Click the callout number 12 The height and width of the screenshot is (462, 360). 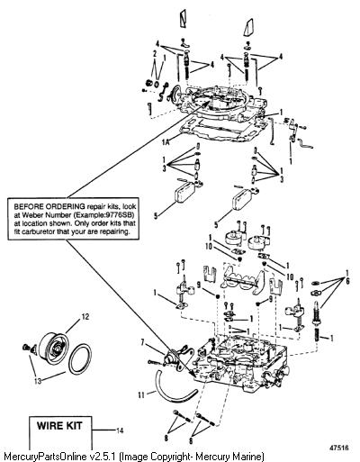[x=85, y=317]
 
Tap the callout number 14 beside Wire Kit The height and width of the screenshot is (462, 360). [x=120, y=430]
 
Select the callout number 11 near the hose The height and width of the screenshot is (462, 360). [x=141, y=394]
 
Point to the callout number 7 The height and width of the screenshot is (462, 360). [x=143, y=341]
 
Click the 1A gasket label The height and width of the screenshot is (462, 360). [x=166, y=142]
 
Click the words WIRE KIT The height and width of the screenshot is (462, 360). [x=59, y=426]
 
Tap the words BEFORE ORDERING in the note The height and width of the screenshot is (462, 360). [x=49, y=206]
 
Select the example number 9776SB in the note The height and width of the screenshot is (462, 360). [x=121, y=215]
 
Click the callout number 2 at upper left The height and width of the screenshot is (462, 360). [x=155, y=54]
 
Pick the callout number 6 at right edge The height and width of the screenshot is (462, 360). [x=347, y=282]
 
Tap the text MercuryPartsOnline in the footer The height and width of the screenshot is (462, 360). [x=47, y=457]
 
